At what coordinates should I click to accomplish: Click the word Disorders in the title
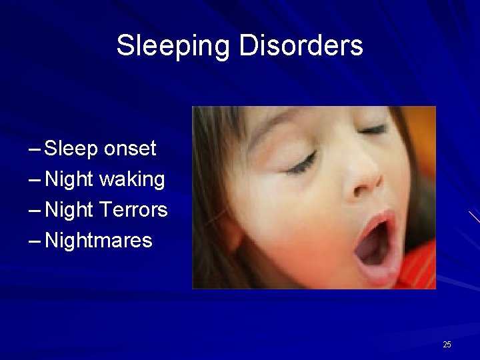pos(301,46)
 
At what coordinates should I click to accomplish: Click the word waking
pos(132,179)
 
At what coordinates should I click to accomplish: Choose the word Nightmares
pos(99,240)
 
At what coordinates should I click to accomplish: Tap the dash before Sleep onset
pos(35,149)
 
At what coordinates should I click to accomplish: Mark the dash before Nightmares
pos(35,241)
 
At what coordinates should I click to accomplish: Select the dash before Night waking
pos(35,180)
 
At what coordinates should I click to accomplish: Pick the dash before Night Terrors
pos(35,211)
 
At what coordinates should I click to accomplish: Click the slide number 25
pos(447,345)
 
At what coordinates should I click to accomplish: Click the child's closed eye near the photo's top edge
pos(374,129)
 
